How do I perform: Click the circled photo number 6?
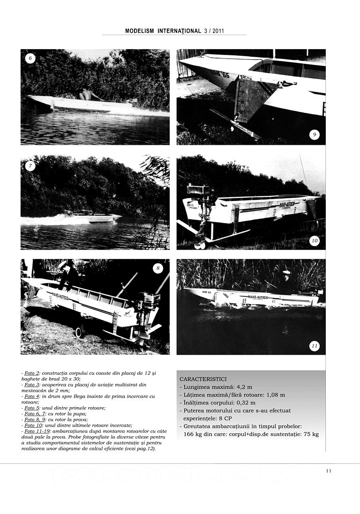[30, 59]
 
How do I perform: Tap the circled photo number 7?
[30, 165]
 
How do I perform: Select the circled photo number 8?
[158, 268]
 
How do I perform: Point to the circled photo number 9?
[315, 135]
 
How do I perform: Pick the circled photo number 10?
[315, 241]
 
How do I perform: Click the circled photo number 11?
[315, 346]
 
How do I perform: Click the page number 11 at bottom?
[329, 471]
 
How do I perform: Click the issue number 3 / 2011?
[214, 31]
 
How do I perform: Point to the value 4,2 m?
[244, 387]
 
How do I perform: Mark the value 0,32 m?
[246, 402]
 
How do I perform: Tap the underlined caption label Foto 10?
[33, 425]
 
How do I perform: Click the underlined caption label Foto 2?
[32, 372]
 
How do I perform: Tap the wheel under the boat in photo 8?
[80, 332]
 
